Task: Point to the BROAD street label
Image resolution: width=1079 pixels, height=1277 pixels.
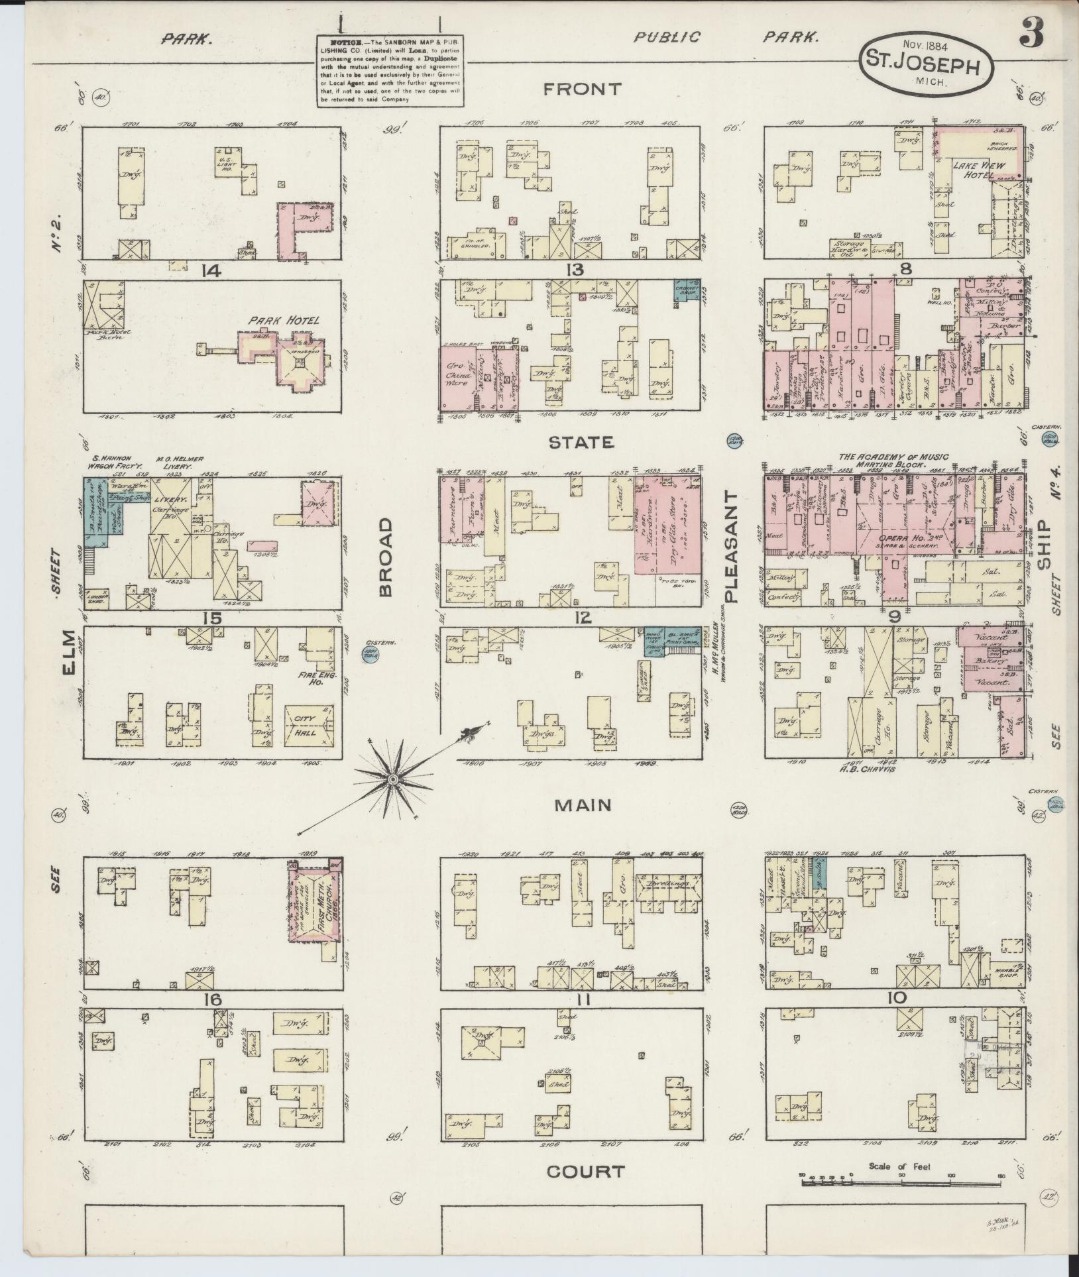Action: point(386,558)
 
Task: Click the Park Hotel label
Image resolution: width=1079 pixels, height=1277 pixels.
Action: point(284,320)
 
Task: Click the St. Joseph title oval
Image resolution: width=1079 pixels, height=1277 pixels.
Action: point(927,66)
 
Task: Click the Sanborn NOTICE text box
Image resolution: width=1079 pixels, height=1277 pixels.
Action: point(390,70)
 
